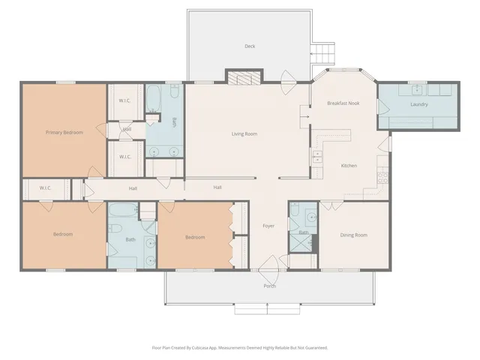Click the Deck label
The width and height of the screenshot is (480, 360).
click(250, 46)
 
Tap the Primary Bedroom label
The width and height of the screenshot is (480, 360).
click(64, 132)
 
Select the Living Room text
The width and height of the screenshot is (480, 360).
click(244, 133)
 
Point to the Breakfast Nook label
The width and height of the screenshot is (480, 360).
click(343, 103)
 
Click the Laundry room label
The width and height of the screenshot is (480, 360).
click(418, 104)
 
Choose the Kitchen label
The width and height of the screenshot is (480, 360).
click(349, 165)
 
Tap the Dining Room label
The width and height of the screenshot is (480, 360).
click(353, 235)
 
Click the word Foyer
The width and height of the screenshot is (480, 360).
click(268, 226)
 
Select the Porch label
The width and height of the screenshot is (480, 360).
click(269, 286)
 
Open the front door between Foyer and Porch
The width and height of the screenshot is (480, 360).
click(268, 266)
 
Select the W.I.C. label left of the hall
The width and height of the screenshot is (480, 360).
click(45, 188)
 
